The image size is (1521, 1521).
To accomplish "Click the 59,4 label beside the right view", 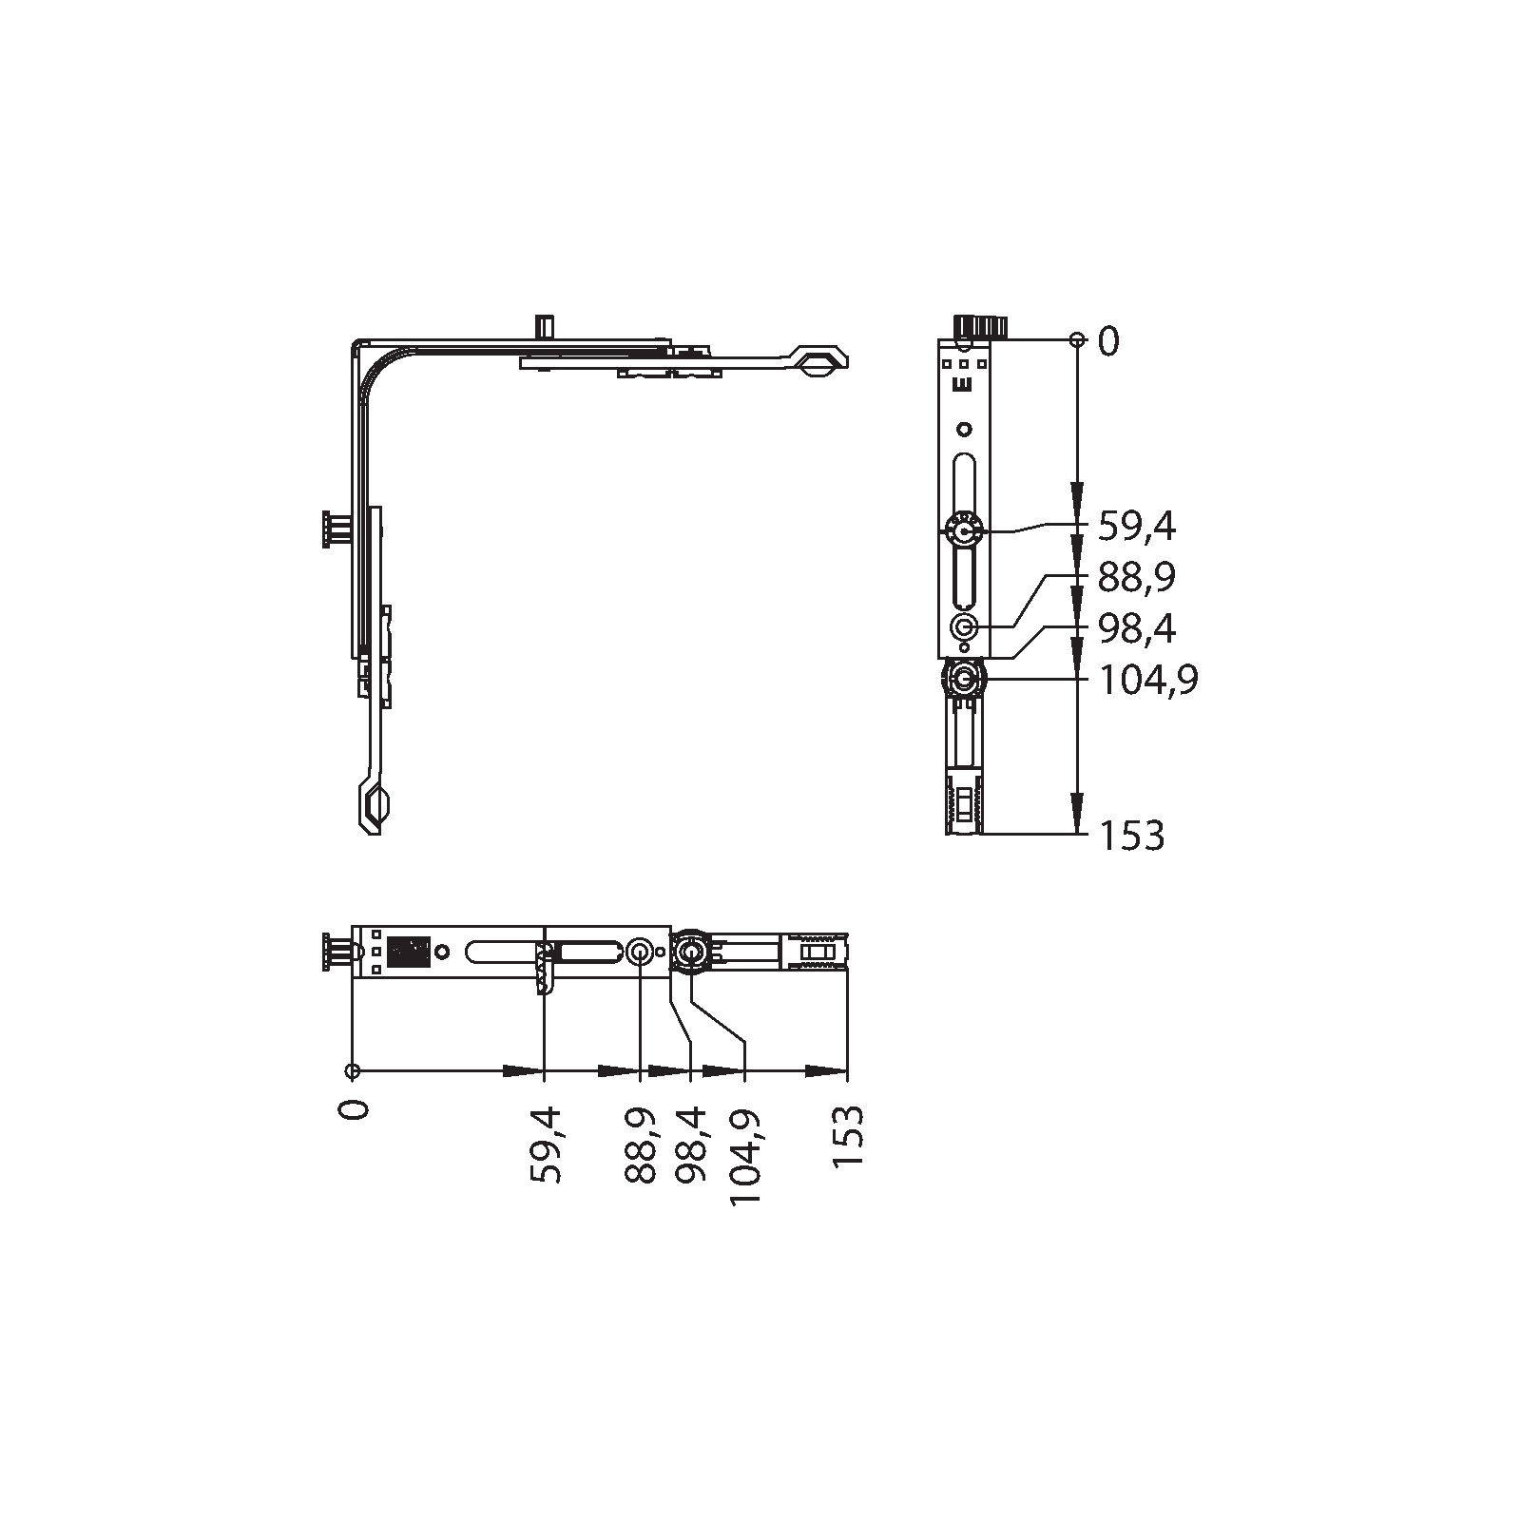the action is coord(1137,526).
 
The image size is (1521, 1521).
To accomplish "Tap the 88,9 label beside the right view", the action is coord(1137,578).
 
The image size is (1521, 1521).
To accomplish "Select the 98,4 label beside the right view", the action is coord(1137,629).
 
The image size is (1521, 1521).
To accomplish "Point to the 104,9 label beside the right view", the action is coord(1148,681).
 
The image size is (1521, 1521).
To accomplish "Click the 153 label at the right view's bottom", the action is coord(1131,836).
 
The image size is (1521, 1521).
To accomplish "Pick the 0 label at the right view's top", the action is coord(1108,341).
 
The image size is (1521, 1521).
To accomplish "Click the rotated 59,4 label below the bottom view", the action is coord(547,1145).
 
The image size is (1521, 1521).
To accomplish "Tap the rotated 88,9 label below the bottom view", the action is coord(642,1145).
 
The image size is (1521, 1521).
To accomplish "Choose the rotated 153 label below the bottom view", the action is coord(847,1137).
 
